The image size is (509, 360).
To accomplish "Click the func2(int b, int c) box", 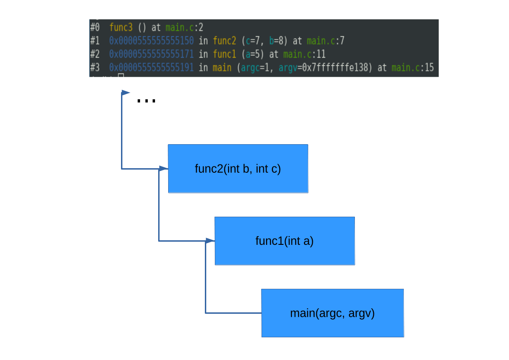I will pos(238,169).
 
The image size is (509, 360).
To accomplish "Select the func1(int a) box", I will pos(285,241).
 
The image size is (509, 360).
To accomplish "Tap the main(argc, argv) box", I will pos(332,313).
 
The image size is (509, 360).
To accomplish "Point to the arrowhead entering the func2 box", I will pos(164,169).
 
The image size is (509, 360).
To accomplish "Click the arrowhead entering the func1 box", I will pos(210,241).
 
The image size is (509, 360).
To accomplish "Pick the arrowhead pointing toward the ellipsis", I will pos(126,92).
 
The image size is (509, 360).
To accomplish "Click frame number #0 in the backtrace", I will pos(95,27).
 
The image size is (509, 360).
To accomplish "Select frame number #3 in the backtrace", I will pos(95,68).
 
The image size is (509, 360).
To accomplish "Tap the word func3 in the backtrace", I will pos(121,27).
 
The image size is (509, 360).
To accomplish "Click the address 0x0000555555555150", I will pos(151,41).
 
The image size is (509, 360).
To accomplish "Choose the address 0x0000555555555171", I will pos(151,54).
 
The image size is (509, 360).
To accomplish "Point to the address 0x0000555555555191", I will pos(151,68).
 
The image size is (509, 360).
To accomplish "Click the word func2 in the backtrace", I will pos(224,41).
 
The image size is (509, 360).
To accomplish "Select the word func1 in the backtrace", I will pos(224,54).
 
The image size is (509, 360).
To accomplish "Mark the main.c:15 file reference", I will pos(412,68).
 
